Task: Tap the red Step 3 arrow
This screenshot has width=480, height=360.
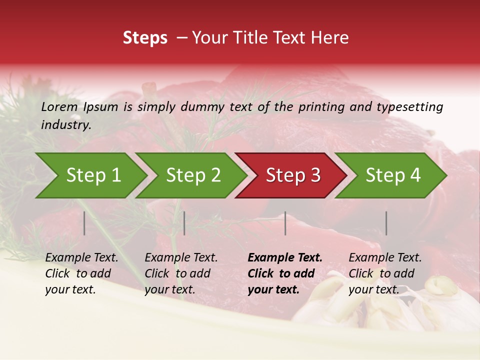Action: click(x=293, y=175)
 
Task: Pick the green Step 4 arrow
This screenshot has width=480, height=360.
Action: click(x=393, y=175)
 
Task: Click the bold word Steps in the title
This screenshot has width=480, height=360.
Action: click(x=145, y=38)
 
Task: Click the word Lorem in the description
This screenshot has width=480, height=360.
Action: click(x=59, y=106)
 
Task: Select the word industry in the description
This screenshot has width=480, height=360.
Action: click(x=66, y=125)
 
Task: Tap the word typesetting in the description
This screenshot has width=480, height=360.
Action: click(x=410, y=106)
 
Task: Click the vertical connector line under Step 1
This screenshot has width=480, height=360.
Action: click(x=84, y=223)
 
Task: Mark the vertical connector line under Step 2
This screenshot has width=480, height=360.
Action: click(x=184, y=223)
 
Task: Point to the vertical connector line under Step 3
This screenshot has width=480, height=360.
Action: click(x=285, y=223)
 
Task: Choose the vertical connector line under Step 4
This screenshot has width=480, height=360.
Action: click(x=386, y=223)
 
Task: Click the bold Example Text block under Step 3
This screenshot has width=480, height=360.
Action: click(x=285, y=273)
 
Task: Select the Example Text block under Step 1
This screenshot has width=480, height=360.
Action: click(x=81, y=273)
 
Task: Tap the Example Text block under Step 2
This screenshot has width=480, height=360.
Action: click(x=181, y=273)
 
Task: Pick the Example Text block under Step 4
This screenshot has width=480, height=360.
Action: click(x=385, y=273)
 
